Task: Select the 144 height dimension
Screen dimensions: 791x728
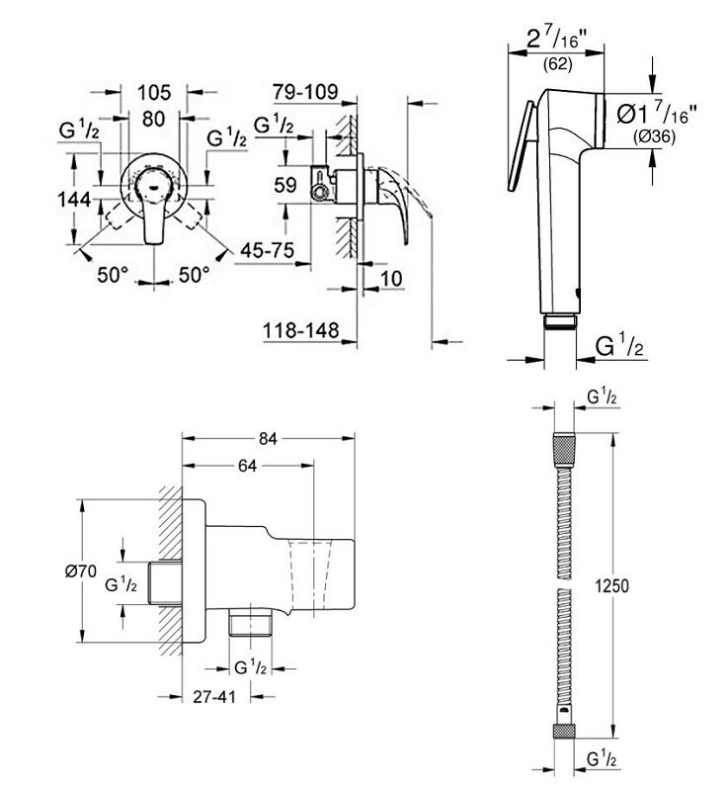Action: click(75, 199)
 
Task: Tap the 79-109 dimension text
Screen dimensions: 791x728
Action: click(306, 93)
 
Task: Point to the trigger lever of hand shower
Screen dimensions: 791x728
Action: click(521, 148)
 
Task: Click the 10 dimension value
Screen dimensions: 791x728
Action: click(390, 280)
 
